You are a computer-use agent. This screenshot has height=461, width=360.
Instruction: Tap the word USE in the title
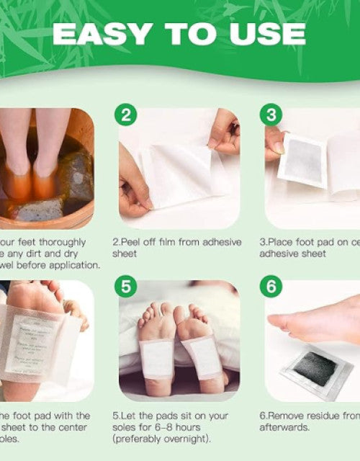[x=266, y=34]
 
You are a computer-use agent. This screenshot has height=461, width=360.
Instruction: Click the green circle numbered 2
[x=127, y=115]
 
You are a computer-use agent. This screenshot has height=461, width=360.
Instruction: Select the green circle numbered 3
[x=271, y=115]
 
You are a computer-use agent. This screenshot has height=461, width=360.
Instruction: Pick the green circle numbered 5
[x=127, y=287]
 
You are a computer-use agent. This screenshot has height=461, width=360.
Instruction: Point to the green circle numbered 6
[x=271, y=287]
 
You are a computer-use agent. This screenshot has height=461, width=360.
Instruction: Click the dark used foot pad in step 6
[x=314, y=368]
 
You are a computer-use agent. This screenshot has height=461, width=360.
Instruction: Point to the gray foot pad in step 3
[x=302, y=159]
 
